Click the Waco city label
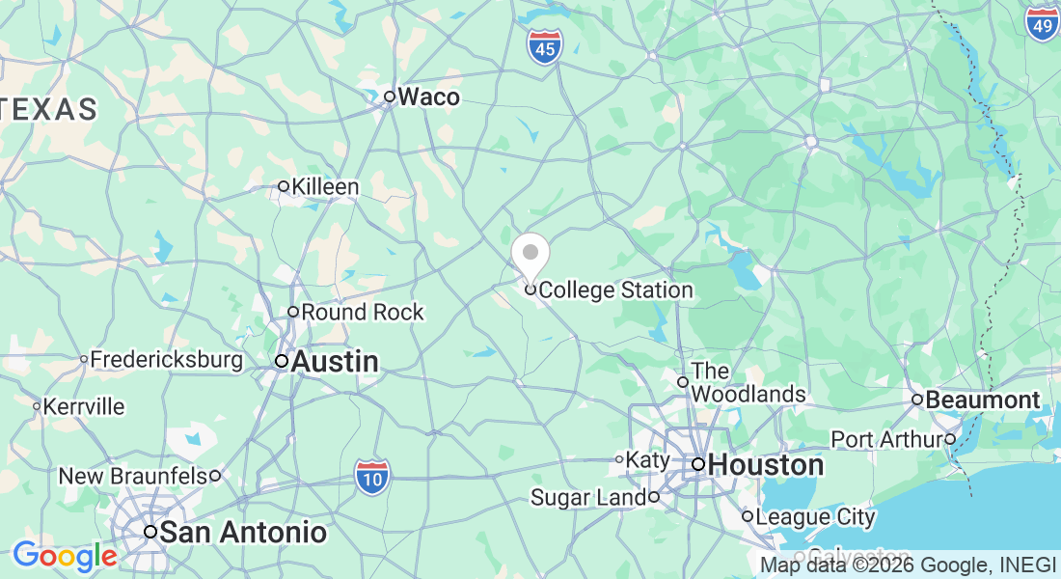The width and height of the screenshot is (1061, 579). point(428,96)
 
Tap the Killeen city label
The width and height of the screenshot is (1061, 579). point(325,186)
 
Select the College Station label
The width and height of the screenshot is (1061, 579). point(615,289)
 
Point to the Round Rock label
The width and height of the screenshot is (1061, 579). point(362,312)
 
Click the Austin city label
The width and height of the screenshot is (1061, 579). point(334,362)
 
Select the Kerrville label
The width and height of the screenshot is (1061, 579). point(85,406)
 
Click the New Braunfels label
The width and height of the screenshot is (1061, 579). point(133,476)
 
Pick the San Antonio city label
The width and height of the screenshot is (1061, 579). point(242,532)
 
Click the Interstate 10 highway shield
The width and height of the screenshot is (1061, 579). point(371,477)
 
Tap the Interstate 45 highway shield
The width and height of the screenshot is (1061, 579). point(544,46)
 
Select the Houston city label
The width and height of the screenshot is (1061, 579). point(765,465)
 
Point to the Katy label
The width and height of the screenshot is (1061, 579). point(648,459)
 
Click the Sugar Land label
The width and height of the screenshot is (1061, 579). point(587,498)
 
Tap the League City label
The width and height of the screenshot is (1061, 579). point(815,516)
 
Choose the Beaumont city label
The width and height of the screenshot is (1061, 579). point(983,400)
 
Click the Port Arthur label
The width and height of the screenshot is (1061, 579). point(886,439)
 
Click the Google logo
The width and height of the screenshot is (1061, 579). point(64,556)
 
